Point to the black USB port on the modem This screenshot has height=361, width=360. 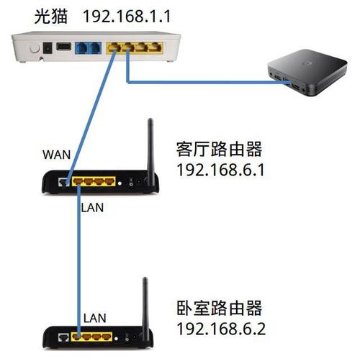[x=63, y=47]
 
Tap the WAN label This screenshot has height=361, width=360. [x=57, y=154]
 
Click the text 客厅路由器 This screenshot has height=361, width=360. [x=217, y=150]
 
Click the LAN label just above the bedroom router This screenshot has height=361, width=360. [x=95, y=316]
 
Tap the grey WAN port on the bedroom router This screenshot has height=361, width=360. [x=63, y=336]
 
